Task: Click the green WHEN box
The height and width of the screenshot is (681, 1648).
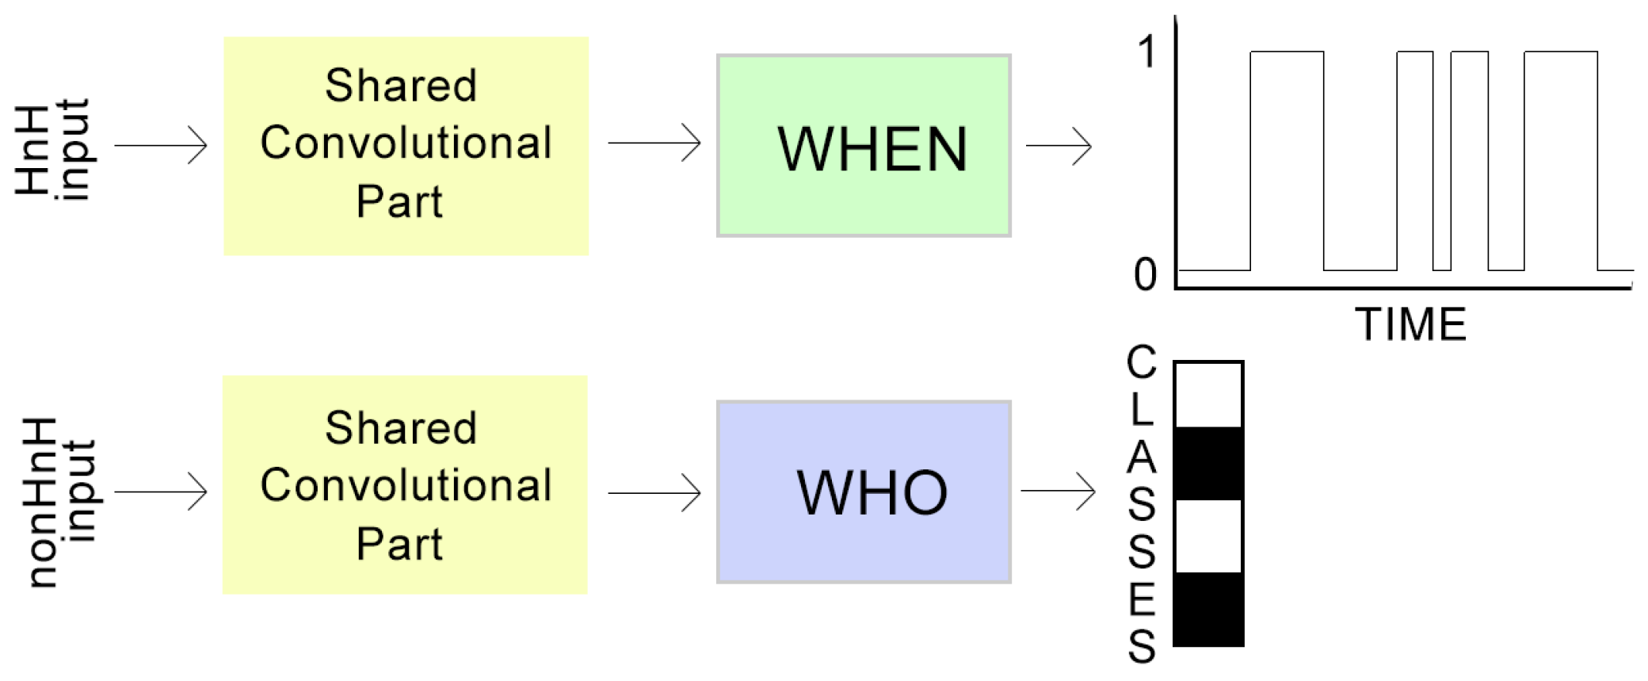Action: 864,146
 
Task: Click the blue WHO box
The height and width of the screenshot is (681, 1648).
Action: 864,492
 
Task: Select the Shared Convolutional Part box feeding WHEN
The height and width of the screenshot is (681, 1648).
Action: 406,146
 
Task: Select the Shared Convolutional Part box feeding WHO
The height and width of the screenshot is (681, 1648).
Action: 405,484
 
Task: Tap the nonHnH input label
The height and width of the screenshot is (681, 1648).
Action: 60,501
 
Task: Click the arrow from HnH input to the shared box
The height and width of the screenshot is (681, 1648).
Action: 161,146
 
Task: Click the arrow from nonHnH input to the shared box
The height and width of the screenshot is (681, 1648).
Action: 161,492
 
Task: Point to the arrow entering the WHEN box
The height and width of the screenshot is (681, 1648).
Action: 654,143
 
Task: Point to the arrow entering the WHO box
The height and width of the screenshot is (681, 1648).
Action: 654,493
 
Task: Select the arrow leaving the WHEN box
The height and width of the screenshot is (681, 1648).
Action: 1059,146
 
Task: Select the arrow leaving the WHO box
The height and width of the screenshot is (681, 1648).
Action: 1059,492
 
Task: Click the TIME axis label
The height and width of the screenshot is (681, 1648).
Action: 1410,324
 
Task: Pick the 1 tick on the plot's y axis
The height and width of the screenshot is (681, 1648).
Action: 1146,52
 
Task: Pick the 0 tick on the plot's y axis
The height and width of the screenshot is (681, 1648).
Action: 1146,275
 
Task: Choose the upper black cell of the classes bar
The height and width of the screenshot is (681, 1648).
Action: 1208,464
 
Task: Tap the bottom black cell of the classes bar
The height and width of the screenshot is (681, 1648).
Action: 1208,609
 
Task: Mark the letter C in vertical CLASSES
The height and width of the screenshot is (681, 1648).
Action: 1142,362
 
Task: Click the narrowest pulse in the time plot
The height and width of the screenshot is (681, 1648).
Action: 1415,159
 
